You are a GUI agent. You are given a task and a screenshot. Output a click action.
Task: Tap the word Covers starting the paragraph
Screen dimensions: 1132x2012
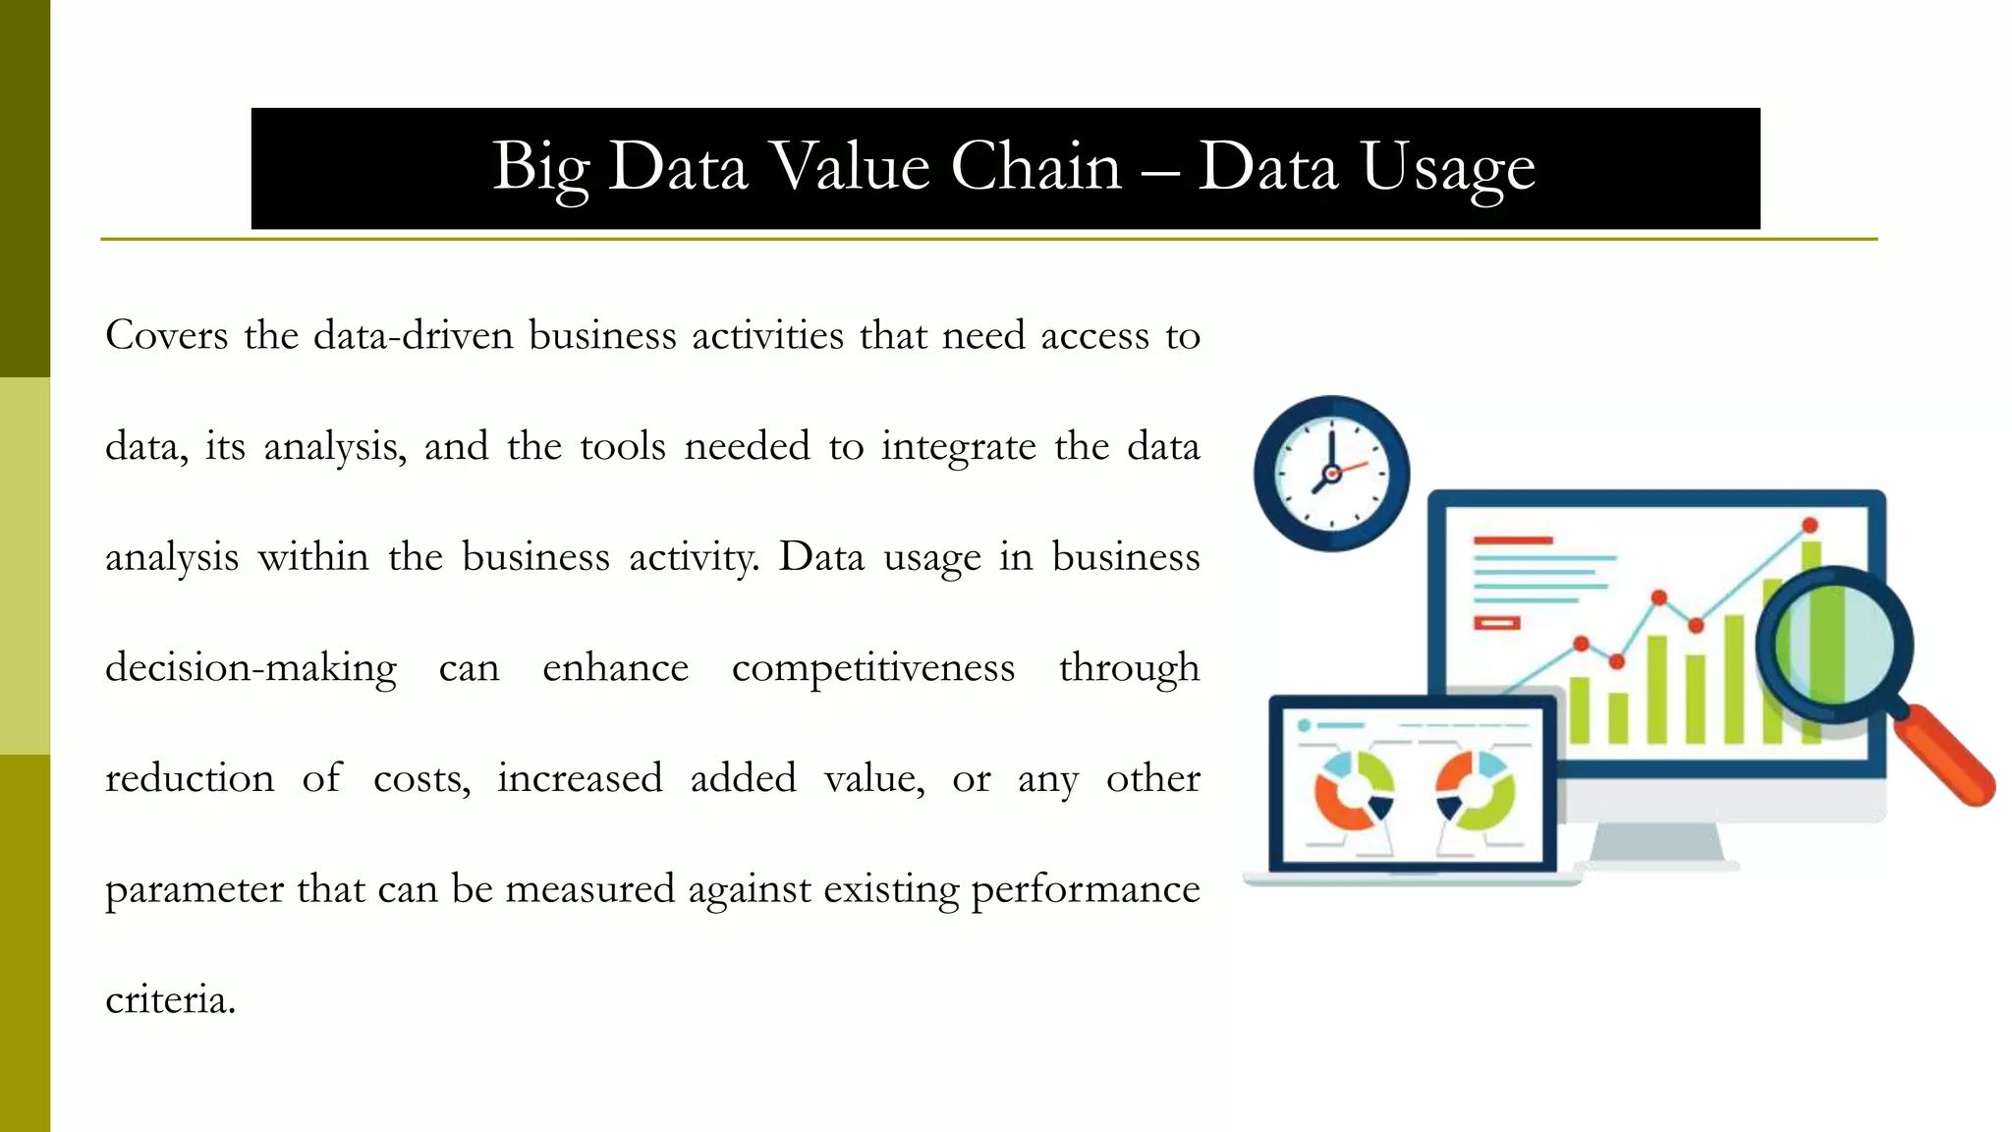[x=167, y=336]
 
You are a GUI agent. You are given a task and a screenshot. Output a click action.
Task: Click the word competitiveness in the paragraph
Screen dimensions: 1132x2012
[x=873, y=668]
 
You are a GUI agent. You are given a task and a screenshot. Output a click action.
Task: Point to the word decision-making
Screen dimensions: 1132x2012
[x=251, y=668]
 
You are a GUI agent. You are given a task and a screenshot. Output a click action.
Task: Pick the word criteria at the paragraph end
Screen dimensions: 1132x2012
[x=169, y=1000]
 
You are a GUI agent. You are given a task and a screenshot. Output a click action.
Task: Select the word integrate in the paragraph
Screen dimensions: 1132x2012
[x=958, y=447]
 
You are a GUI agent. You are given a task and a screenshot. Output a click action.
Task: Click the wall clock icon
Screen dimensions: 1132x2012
[x=1331, y=474]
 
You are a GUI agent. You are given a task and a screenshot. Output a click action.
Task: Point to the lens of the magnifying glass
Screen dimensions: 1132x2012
[x=1834, y=645]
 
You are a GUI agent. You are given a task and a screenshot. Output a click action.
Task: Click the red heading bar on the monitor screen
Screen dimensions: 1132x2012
[x=1513, y=540]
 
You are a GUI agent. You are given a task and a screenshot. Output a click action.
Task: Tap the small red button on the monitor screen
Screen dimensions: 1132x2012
[x=1496, y=623]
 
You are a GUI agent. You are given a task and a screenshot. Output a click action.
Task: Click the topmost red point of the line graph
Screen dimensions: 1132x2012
[x=1810, y=526]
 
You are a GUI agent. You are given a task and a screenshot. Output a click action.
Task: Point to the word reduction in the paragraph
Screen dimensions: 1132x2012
[x=190, y=779]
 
